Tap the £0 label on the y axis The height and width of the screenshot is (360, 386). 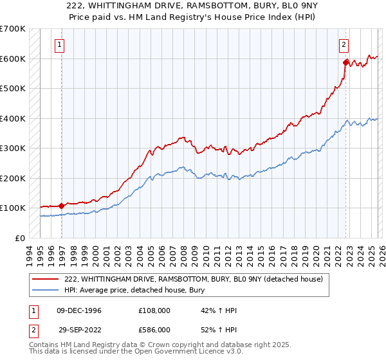[19, 238]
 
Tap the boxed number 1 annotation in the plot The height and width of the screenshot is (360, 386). [59, 45]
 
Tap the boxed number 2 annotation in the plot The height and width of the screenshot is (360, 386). [344, 45]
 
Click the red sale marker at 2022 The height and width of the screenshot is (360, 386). [346, 63]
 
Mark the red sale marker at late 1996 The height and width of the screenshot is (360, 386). [62, 206]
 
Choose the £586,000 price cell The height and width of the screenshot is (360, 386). [154, 329]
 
